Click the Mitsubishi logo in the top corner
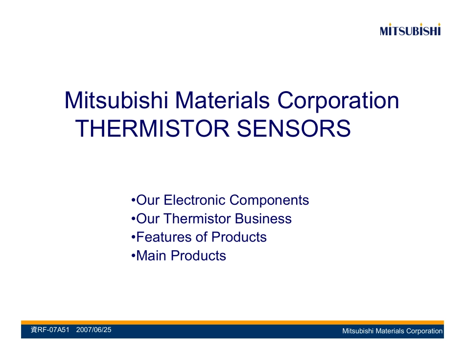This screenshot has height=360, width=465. pos(410,29)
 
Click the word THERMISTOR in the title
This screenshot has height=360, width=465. pos(152,128)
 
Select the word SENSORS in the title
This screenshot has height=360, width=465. pos(294,128)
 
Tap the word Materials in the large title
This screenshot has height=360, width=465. pos(222,100)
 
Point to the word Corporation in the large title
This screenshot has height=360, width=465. pos(338,101)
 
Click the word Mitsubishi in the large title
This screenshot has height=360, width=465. pos(116,100)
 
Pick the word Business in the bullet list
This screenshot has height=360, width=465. pos(263,218)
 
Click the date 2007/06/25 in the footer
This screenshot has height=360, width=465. pos(93,330)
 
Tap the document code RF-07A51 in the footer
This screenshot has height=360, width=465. pos(53,330)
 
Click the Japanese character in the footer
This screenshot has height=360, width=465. pos(34,330)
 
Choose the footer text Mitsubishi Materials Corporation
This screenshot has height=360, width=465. pos(393,331)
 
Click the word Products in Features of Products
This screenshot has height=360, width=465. pos(239,237)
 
